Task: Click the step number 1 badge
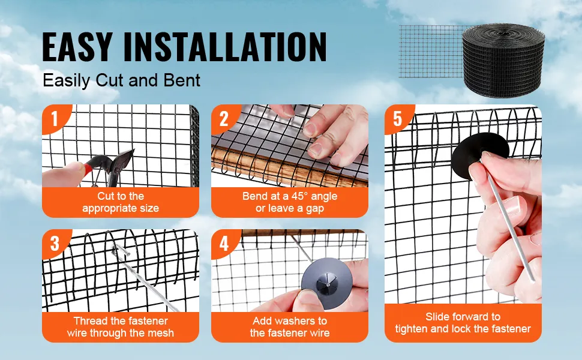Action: click(x=55, y=118)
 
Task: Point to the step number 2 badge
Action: click(x=224, y=118)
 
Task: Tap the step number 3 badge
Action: click(x=55, y=244)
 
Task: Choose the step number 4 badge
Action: click(x=224, y=244)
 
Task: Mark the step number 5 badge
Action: click(x=398, y=118)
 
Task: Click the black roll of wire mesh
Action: click(x=503, y=61)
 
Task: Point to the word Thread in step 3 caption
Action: click(x=89, y=320)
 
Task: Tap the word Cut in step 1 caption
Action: click(x=104, y=196)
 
